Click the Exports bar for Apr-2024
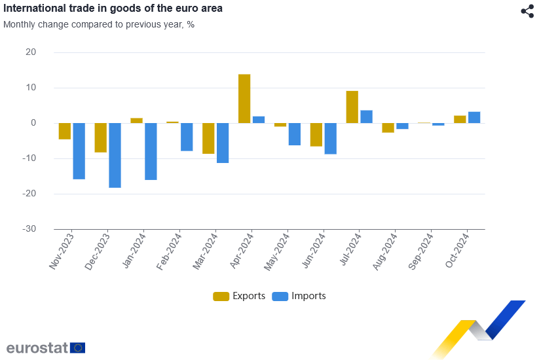(244, 98)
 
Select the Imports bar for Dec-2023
(115, 155)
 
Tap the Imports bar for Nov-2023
(79, 151)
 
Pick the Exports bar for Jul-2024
(352, 107)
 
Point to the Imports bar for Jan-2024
(151, 151)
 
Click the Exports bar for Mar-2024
(208, 138)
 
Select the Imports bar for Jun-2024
(330, 138)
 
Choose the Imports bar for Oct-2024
(474, 117)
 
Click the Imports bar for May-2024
(294, 134)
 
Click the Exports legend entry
(239, 296)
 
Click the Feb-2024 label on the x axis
(170, 251)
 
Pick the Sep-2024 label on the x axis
(420, 251)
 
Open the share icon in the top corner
(527, 11)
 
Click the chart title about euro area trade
(113, 9)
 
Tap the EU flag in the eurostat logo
(77, 348)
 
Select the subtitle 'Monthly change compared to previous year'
(99, 24)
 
